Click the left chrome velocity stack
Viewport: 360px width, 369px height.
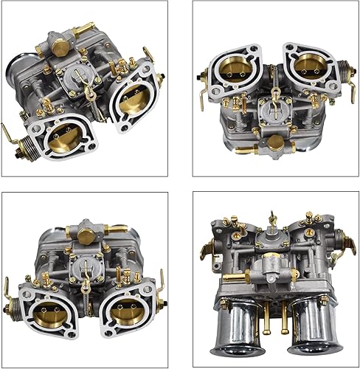click(239, 328)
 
